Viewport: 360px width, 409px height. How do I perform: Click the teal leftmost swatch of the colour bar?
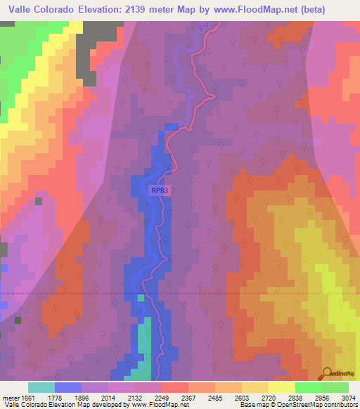pos(41,387)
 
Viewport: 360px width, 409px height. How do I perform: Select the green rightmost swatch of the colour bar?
pos(335,387)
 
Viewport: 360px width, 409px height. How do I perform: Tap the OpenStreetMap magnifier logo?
pos(327,372)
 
